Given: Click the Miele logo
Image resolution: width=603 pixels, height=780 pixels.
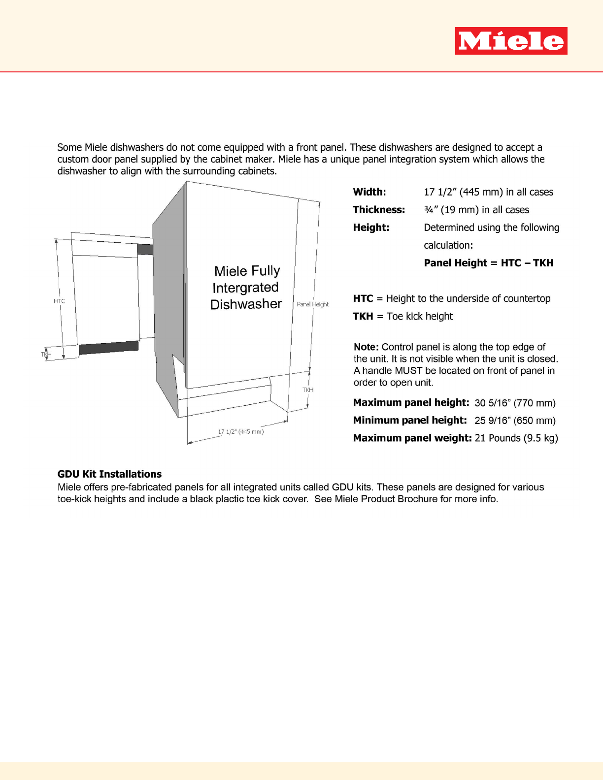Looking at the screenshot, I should point(511,41).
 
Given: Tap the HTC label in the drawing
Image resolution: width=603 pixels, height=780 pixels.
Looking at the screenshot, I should point(59,301).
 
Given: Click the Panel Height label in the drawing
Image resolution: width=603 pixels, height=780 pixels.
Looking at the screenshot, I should point(312,304).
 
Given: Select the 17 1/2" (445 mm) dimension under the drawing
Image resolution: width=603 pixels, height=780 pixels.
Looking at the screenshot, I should point(241,432).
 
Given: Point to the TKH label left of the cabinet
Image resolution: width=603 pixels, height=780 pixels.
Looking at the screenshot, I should point(46,354).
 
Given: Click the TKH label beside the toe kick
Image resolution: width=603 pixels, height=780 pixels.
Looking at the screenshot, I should point(308,390).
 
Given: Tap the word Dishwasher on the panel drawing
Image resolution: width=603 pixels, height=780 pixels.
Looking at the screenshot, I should point(246,304).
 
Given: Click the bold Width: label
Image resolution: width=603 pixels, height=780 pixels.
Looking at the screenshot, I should point(369,192).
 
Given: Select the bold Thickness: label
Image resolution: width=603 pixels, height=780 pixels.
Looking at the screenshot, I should point(379,210).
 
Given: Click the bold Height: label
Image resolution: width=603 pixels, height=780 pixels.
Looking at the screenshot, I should point(371,227).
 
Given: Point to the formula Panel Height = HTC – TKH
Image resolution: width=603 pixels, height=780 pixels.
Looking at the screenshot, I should point(488,263).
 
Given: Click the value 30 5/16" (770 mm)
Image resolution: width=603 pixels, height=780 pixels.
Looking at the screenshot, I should point(515,403).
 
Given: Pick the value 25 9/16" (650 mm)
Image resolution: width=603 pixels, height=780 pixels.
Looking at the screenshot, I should point(515,421).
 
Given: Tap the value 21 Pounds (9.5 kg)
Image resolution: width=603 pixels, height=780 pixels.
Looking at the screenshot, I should point(516,438).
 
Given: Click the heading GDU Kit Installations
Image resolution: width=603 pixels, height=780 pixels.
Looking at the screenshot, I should point(109,474).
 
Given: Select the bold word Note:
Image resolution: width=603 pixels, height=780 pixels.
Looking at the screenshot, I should point(366,347).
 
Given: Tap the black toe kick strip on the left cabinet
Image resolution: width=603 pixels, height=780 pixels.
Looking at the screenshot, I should point(108,347).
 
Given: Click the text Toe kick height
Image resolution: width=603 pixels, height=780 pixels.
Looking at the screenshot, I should point(419,316).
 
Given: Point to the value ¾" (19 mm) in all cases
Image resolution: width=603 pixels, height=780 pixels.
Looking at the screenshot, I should point(476,210).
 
